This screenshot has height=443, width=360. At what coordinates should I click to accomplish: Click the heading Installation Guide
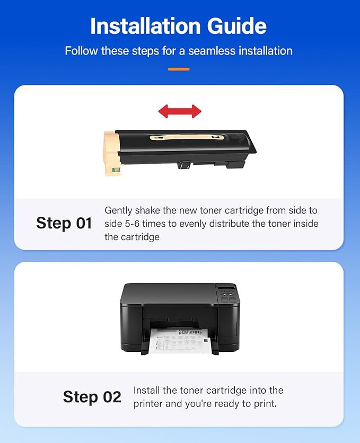179,26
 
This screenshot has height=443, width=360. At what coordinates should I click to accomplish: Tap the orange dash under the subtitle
179,69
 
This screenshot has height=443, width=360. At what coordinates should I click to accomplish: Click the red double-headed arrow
180,111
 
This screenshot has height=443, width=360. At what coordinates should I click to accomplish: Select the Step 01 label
64,223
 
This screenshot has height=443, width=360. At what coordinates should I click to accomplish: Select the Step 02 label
92,397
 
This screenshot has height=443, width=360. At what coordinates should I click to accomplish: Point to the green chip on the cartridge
116,170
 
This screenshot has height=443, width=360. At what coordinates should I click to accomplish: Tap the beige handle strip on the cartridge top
186,138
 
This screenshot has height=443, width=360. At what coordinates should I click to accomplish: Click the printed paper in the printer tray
180,340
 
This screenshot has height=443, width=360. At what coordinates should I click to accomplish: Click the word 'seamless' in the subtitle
203,51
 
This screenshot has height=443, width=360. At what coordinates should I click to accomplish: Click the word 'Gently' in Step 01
119,210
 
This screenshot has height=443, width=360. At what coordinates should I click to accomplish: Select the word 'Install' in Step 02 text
147,391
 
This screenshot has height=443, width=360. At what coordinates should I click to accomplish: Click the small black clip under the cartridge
184,165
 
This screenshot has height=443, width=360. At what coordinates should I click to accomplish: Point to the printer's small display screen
227,289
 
